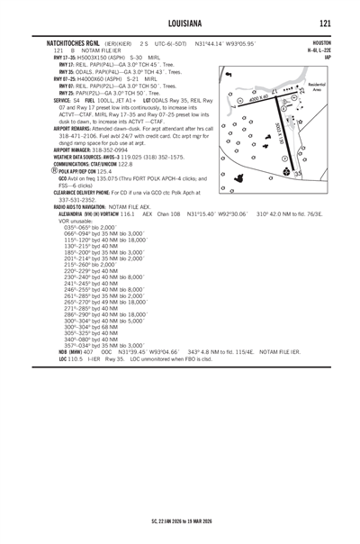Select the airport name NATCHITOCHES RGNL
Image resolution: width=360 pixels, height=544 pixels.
coord(64,42)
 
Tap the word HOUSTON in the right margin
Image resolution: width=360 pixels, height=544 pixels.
coord(321,42)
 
